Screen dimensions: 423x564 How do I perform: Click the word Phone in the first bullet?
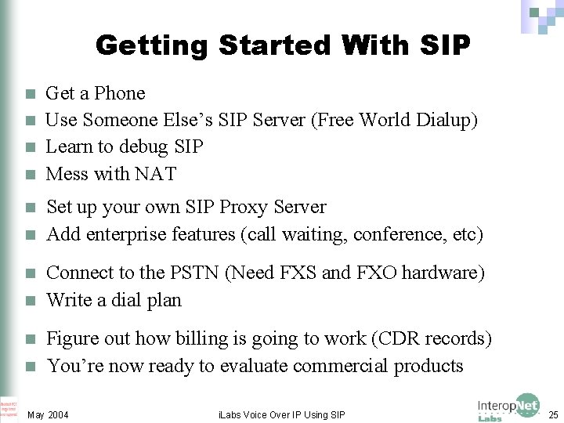(x=120, y=93)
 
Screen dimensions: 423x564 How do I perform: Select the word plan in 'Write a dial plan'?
(x=163, y=300)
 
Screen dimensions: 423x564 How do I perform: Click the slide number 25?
(x=553, y=414)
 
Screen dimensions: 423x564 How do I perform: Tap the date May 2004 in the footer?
(x=48, y=414)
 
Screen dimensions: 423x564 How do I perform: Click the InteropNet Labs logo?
(x=508, y=407)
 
